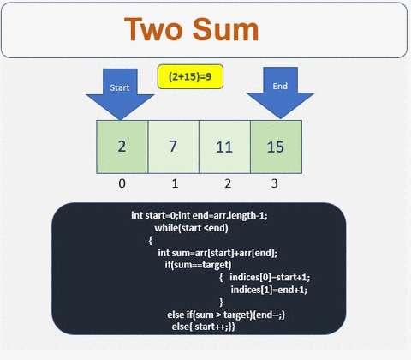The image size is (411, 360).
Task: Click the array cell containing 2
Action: pos(122,146)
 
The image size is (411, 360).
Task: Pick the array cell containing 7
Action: pos(173,146)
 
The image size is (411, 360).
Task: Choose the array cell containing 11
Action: pos(224,146)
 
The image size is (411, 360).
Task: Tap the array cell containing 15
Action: pos(276,146)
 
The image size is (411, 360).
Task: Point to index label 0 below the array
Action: pos(122,183)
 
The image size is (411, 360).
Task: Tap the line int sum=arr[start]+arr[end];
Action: pos(217,253)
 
